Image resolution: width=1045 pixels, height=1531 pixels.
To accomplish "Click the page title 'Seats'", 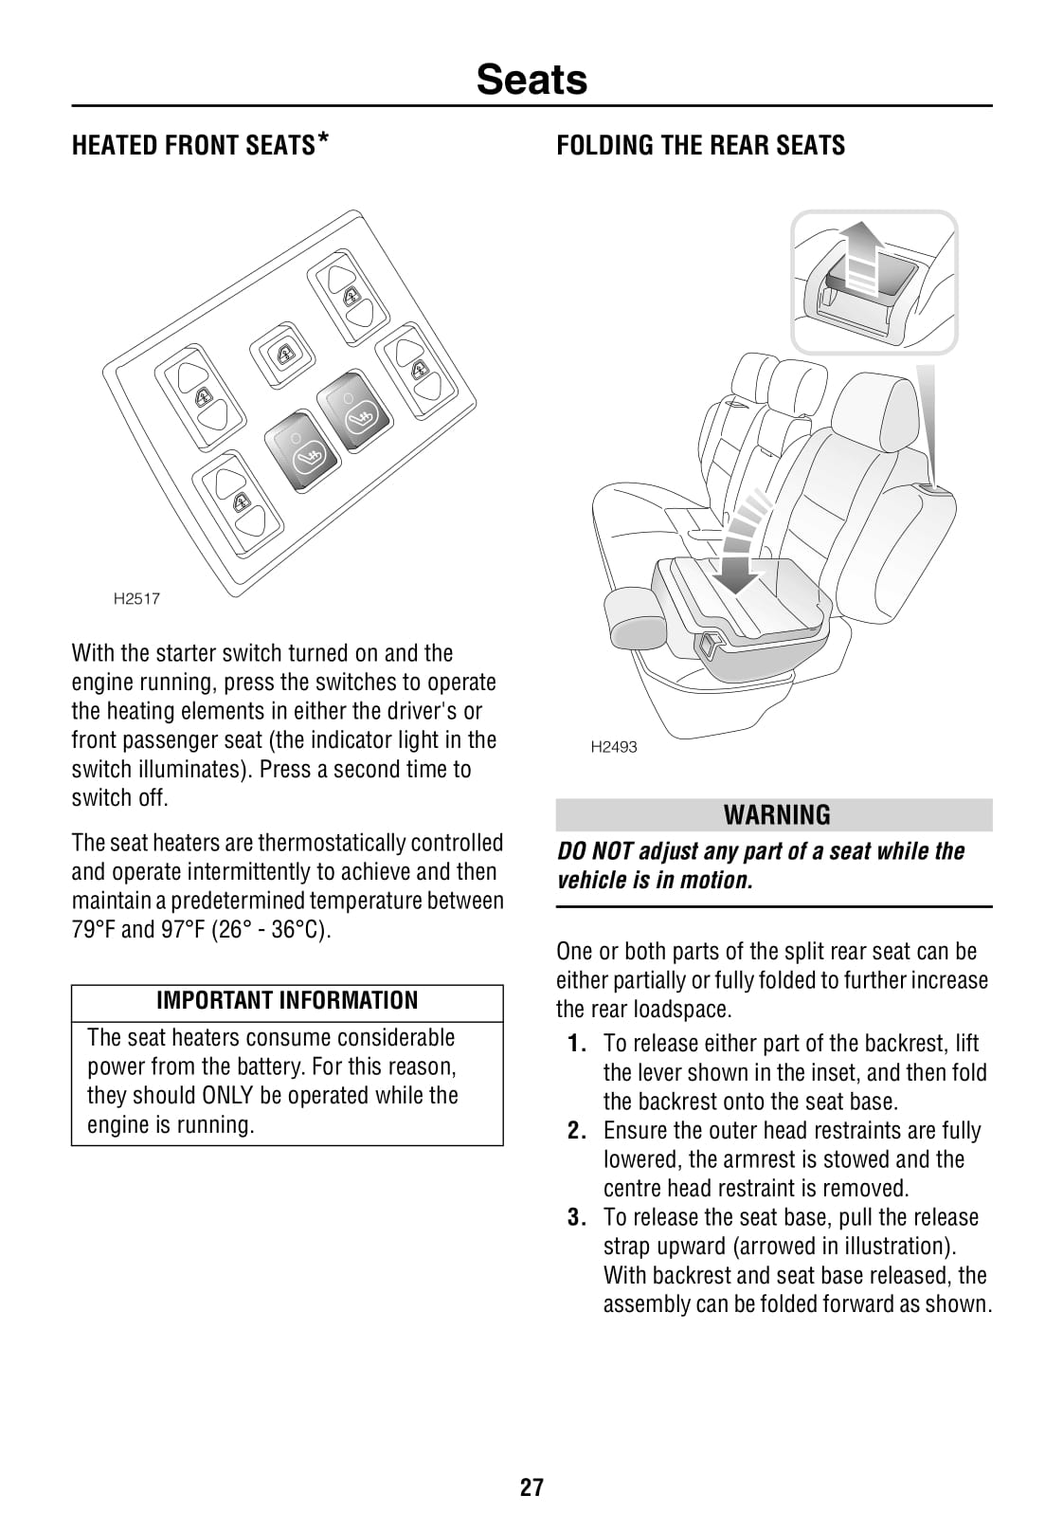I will (532, 80).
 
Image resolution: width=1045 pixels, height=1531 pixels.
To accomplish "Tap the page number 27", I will (532, 1486).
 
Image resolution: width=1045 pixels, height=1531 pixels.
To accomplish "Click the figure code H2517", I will (136, 598).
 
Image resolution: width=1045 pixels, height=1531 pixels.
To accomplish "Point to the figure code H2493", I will (614, 747).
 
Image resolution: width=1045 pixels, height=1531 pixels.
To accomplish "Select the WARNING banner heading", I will (776, 815).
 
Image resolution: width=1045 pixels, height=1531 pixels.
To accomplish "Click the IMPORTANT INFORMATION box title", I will (287, 1001).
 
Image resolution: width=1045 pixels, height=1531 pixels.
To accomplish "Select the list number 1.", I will (577, 1044).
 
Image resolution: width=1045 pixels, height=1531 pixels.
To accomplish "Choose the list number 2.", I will (577, 1131).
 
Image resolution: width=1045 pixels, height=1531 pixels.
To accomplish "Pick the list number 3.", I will (577, 1218).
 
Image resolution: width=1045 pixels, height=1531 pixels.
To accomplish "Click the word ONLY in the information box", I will (226, 1096).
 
